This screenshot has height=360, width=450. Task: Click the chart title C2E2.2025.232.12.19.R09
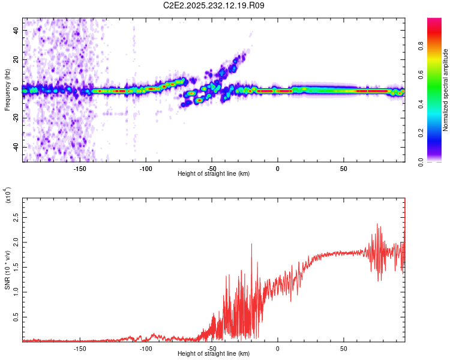[214, 5]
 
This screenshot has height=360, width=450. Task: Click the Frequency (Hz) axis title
[7, 90]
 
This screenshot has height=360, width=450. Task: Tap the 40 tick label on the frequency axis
[16, 31]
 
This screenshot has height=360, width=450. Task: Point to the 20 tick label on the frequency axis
[16, 60]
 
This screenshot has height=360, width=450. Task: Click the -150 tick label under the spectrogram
[80, 169]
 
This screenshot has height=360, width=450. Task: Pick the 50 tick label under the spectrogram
[344, 169]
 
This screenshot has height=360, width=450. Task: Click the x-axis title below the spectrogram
[214, 173]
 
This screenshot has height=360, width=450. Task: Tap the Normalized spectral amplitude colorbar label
[445, 90]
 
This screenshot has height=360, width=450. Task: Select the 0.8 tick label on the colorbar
[421, 46]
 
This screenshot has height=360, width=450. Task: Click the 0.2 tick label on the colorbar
[421, 133]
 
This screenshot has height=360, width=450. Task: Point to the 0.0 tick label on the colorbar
[421, 162]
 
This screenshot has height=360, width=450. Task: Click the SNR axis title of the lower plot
[7, 270]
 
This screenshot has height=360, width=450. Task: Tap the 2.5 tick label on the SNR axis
[16, 218]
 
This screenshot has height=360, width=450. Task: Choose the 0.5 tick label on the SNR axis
[16, 317]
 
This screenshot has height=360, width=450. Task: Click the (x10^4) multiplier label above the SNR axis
[8, 195]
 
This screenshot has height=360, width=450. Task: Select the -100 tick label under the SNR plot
[146, 349]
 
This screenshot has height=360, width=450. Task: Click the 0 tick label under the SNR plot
[278, 349]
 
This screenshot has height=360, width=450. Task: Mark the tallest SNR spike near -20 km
[251, 244]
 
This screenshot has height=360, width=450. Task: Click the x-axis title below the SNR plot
[214, 353]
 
